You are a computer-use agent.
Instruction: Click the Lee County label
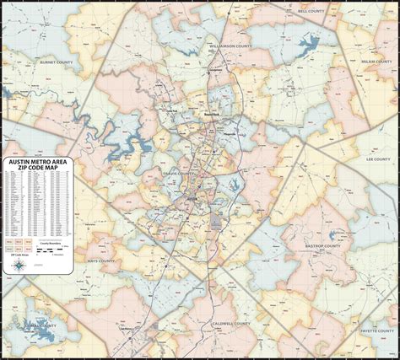pyautogui.click(x=376, y=157)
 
